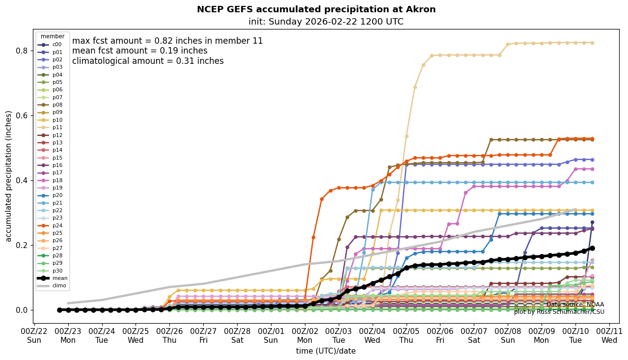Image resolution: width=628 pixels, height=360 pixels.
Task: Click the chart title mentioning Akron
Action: (x=316, y=9)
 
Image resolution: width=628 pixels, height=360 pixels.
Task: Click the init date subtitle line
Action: (x=326, y=22)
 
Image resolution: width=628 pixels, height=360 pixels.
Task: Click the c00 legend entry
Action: (x=57, y=45)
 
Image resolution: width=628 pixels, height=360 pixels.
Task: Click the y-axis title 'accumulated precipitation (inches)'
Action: (x=8, y=176)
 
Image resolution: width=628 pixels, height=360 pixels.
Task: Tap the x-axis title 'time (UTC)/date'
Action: (x=326, y=351)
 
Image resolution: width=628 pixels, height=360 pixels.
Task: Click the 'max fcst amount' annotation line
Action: (x=167, y=41)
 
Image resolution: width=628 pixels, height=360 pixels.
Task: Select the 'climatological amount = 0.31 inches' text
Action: (x=148, y=61)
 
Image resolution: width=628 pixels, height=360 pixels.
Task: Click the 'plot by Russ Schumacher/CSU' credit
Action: (x=559, y=312)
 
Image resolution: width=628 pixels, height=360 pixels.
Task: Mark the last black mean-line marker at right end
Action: (x=592, y=249)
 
